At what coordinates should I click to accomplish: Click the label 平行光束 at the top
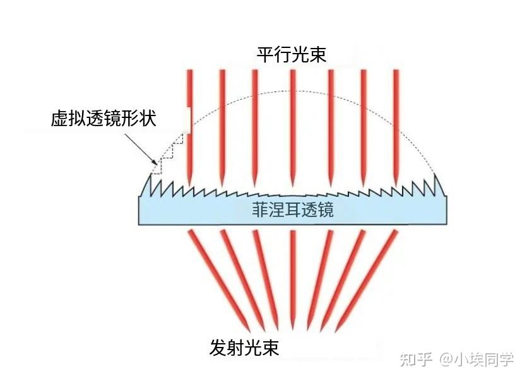292,54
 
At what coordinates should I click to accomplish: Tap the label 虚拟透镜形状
104,119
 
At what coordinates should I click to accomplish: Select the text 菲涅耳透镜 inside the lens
292,209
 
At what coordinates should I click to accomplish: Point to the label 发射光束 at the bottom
244,348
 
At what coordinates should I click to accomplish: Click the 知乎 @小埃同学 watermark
457,360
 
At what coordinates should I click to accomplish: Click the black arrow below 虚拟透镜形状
141,149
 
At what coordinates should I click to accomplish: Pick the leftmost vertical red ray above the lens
190,128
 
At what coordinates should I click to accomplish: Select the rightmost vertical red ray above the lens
396,128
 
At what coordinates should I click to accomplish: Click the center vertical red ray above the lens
293,128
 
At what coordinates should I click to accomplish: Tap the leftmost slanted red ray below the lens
220,280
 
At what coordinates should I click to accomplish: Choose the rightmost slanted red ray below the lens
367,280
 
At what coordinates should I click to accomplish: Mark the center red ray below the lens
293,280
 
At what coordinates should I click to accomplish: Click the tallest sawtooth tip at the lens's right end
435,174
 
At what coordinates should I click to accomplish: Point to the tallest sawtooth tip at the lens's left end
150,174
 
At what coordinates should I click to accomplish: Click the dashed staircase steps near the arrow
167,154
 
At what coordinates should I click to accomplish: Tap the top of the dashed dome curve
293,91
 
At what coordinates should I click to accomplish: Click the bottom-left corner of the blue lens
139,225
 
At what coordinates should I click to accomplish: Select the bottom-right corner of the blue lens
446,224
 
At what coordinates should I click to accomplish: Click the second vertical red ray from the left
222,128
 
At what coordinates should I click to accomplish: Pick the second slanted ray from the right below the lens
343,280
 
